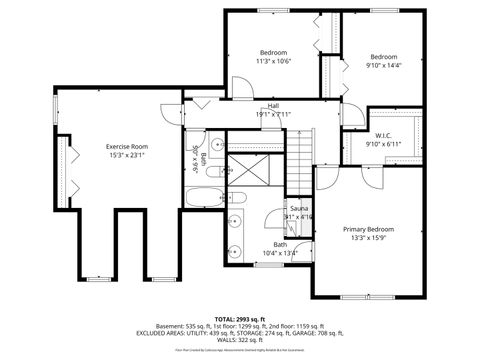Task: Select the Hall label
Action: pyautogui.click(x=272, y=106)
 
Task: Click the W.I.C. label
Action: pyautogui.click(x=382, y=135)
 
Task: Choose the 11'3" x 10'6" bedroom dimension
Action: pyautogui.click(x=273, y=61)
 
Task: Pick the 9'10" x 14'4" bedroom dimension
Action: pyautogui.click(x=384, y=65)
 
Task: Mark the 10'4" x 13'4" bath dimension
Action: pyautogui.click(x=280, y=252)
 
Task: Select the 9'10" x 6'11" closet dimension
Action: pyautogui.click(x=382, y=144)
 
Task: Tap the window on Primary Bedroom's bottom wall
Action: pyautogui.click(x=369, y=296)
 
